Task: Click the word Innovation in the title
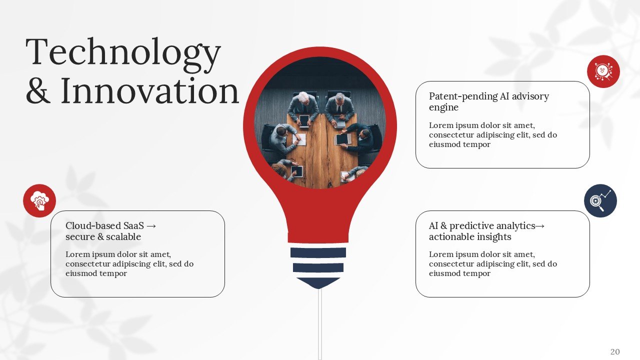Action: tap(149, 91)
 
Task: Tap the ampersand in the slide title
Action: tap(38, 91)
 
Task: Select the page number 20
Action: tap(615, 351)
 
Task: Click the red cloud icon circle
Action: tap(39, 200)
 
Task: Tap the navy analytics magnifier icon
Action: tap(600, 200)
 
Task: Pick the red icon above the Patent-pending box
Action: tap(603, 71)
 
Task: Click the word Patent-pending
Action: tap(463, 96)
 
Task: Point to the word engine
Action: tap(443, 107)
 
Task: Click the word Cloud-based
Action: tap(93, 225)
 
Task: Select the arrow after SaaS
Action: tap(151, 226)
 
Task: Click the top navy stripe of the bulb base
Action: tap(318, 252)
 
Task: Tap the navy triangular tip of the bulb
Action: tap(318, 283)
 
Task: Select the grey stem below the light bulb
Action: tap(320, 324)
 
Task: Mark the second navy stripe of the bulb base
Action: tap(318, 267)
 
